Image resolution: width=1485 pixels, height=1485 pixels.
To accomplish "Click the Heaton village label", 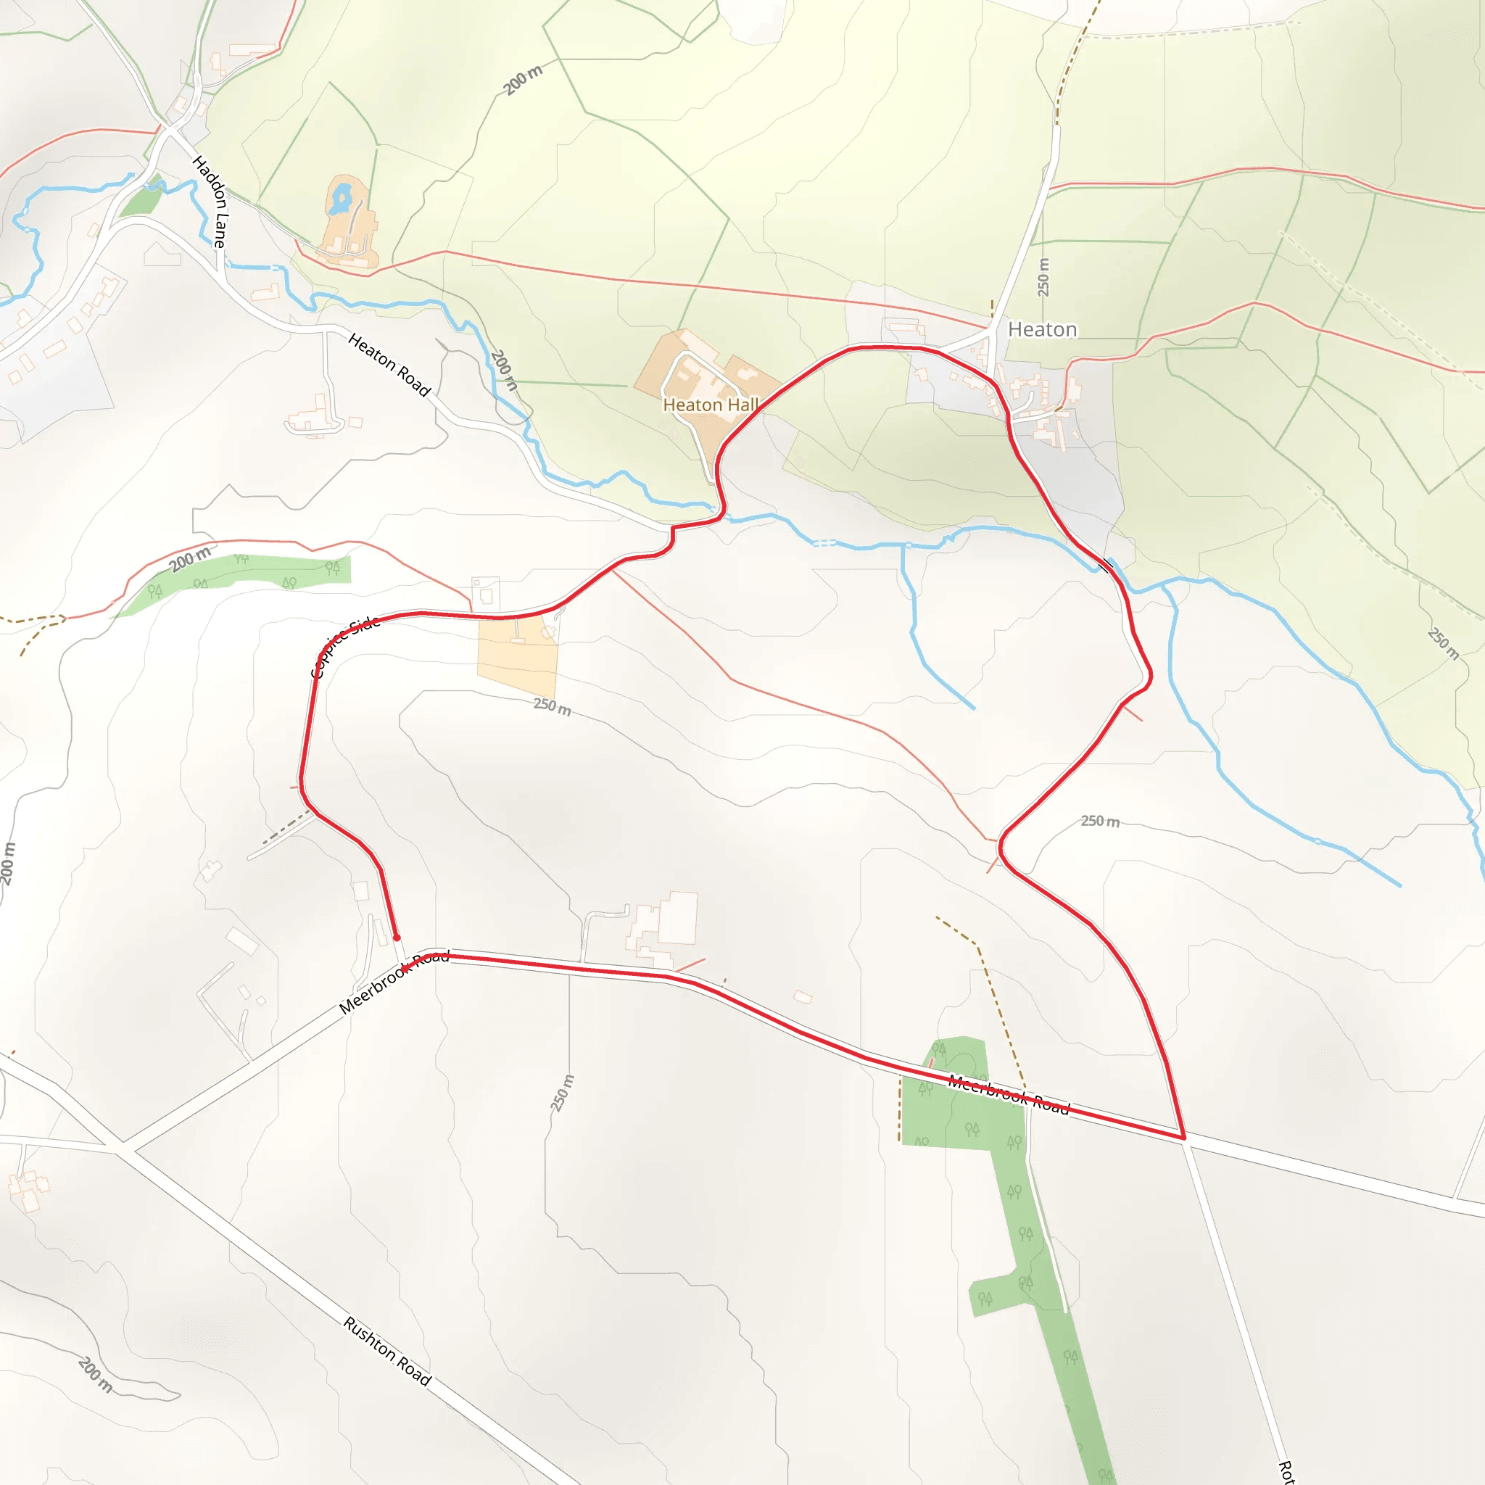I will pos(1041,330).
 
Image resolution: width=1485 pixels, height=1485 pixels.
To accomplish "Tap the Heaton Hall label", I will pos(710,405).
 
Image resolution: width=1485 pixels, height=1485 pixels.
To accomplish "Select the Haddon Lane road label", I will pos(210,202).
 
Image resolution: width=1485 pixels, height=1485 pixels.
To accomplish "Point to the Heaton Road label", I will pos(389,364).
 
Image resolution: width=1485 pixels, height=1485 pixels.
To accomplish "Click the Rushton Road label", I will pos(386,1350).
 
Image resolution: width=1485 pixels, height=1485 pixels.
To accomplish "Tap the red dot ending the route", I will pos(397,938).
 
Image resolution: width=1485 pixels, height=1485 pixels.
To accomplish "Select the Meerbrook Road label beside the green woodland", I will pos(1009,1094).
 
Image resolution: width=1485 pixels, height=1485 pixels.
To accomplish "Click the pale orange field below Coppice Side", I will pos(516,657).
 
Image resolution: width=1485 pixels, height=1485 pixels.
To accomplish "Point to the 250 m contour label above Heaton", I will pos(1043,277).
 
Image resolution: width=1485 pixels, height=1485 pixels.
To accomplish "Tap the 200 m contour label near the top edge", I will pos(524,80).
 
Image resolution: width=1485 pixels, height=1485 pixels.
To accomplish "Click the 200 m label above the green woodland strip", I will pos(190,559).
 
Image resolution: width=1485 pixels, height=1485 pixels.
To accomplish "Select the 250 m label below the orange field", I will pos(552,706).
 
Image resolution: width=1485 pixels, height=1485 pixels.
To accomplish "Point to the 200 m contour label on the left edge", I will pos(8,864).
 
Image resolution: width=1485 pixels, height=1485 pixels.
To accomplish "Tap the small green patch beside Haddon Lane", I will pos(141,202).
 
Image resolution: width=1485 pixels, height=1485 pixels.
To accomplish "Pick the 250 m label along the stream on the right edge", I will pos(1443,643).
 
